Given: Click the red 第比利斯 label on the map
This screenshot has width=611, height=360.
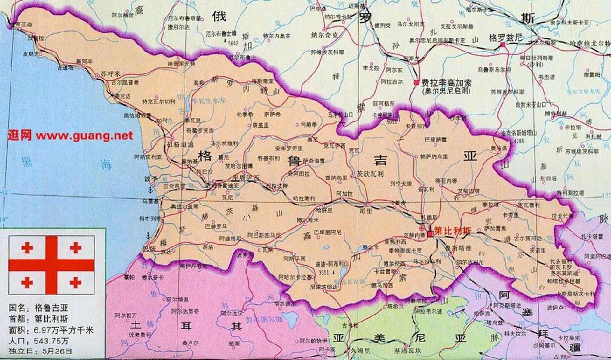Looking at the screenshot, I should point(454,230).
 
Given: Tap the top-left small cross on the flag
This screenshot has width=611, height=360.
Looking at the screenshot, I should point(26,247).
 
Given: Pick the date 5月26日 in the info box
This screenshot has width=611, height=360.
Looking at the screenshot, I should point(54,350).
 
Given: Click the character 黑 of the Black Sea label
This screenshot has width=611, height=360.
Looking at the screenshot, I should point(26,162).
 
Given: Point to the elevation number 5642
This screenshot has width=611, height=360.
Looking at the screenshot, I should point(232,44).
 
